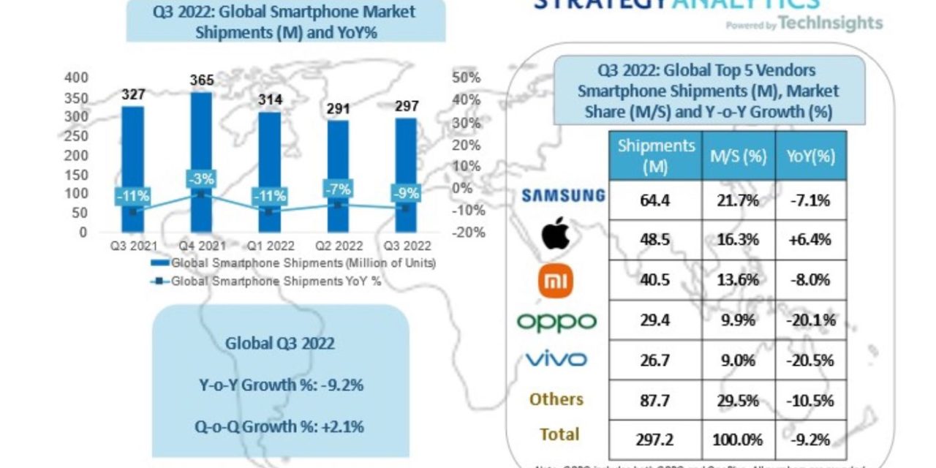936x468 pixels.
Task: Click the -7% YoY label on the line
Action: (338, 189)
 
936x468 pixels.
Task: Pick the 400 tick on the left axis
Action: (77, 78)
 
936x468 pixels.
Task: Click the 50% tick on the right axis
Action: (467, 78)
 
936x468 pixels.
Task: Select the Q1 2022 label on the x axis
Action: (270, 246)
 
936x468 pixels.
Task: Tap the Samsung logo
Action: (563, 195)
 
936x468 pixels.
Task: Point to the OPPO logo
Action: (556, 321)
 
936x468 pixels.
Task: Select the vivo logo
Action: (556, 359)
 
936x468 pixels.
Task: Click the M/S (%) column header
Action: (738, 156)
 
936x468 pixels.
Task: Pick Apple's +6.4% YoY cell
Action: (810, 240)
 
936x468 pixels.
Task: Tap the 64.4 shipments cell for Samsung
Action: (654, 200)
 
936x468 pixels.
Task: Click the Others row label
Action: (557, 399)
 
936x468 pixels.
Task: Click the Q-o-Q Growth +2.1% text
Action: (280, 426)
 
